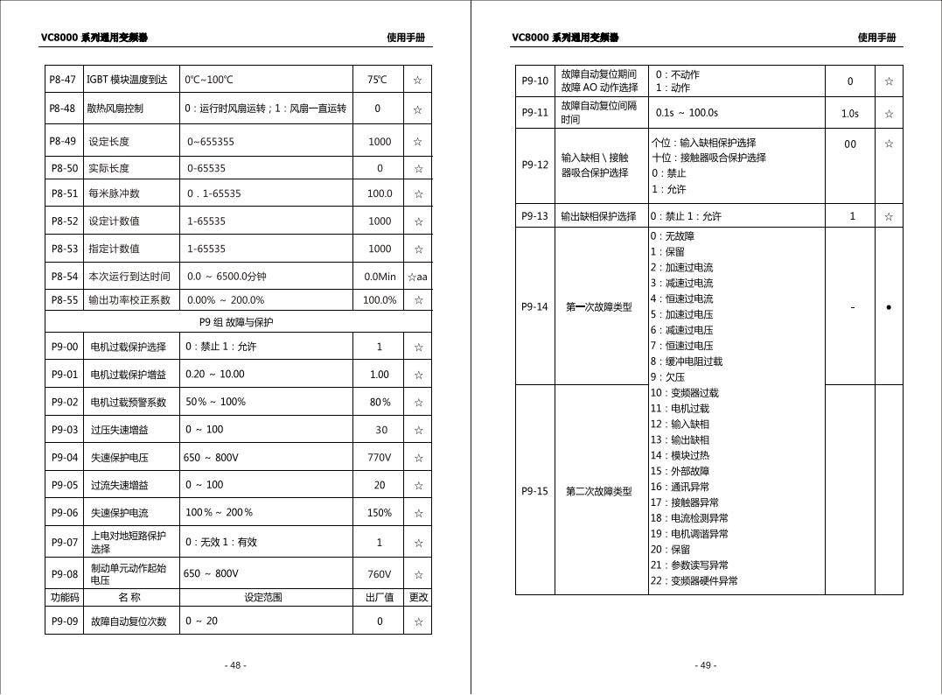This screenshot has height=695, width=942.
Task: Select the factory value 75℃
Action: pyautogui.click(x=377, y=80)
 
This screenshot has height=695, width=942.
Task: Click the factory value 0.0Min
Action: pyautogui.click(x=380, y=277)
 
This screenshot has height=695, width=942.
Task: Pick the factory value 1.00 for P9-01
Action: pyautogui.click(x=379, y=375)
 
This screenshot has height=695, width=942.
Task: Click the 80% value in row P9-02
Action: pyautogui.click(x=380, y=403)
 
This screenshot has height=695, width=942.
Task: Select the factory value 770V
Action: pyautogui.click(x=379, y=458)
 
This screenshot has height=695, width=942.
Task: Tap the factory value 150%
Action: pyautogui.click(x=379, y=513)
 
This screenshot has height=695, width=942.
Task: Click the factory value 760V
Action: pyautogui.click(x=379, y=574)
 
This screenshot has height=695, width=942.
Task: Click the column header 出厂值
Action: pyautogui.click(x=379, y=598)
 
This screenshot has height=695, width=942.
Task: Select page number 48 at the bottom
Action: pyautogui.click(x=235, y=665)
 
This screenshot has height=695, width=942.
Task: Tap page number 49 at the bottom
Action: pyautogui.click(x=706, y=665)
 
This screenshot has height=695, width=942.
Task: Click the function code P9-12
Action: pyautogui.click(x=534, y=165)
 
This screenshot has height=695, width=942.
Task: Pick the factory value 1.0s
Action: pyautogui.click(x=849, y=113)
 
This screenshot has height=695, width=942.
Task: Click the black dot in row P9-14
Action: pyautogui.click(x=889, y=307)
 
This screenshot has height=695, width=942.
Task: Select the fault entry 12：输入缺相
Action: pyautogui.click(x=680, y=424)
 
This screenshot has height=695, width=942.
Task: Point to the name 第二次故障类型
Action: pyautogui.click(x=598, y=491)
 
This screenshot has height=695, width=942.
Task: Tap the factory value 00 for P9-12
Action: pyautogui.click(x=850, y=144)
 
